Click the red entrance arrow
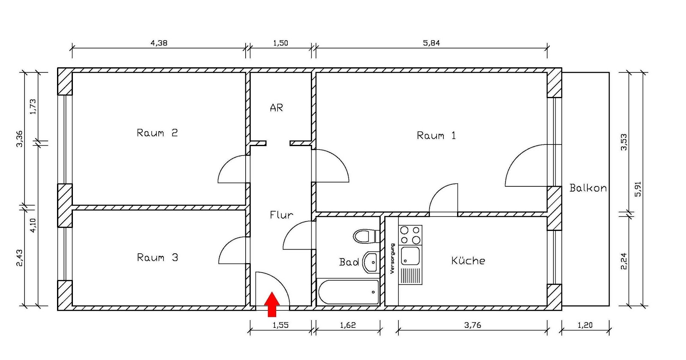272,304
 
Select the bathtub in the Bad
349,292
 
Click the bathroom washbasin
370,262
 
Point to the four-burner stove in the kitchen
410,235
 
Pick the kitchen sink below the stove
410,256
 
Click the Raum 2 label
157,133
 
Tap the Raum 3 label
157,258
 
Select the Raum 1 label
436,136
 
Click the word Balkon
588,188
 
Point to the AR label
277,108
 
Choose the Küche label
468,261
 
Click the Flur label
281,215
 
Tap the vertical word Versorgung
392,259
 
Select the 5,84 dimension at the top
431,43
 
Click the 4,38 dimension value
159,43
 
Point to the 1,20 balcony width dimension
585,325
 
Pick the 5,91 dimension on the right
638,189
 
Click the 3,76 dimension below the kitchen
472,325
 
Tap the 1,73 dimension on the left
33,107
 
